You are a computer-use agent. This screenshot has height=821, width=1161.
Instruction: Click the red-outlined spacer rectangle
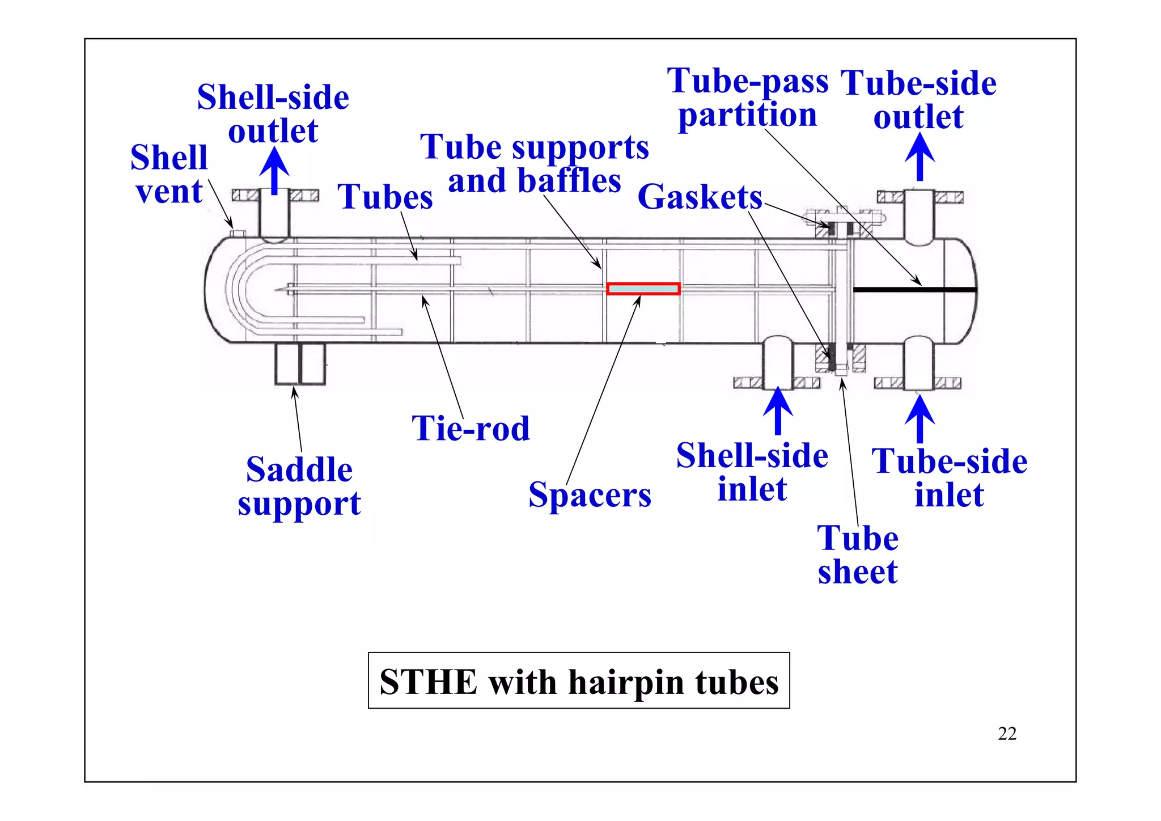(643, 289)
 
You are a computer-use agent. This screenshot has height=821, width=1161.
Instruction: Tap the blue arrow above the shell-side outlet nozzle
(274, 170)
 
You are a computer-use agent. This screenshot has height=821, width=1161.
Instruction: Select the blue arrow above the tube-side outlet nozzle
(920, 157)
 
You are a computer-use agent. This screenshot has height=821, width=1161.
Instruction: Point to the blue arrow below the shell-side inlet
(778, 410)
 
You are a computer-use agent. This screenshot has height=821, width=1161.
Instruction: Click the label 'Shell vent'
(169, 174)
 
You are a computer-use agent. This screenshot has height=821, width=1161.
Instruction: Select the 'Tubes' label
(385, 197)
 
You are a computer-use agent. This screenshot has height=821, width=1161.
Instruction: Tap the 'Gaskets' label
(700, 197)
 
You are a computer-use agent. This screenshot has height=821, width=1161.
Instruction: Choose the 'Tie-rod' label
(471, 428)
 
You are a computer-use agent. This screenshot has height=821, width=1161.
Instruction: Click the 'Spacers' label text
(590, 495)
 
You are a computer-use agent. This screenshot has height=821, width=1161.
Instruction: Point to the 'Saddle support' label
(299, 486)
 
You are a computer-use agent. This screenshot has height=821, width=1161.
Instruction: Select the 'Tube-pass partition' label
(748, 98)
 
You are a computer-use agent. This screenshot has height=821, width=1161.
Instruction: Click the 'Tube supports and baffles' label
(534, 163)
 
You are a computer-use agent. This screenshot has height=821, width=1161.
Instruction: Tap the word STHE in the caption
(429, 682)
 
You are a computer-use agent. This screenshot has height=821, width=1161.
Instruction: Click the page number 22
(1007, 734)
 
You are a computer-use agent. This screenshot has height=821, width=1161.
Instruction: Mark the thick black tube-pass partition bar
(914, 290)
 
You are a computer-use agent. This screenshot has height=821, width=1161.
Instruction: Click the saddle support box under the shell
(300, 364)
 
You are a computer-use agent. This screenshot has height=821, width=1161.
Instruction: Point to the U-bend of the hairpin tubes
(241, 289)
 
